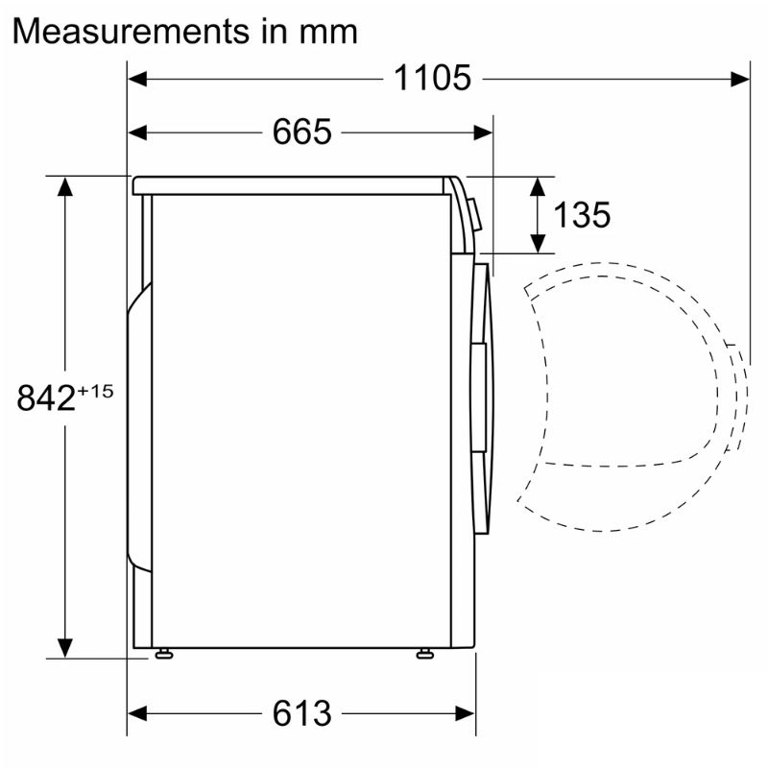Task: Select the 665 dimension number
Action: pyautogui.click(x=301, y=132)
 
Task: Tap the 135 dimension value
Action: pyautogui.click(x=582, y=215)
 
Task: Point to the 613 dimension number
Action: pyautogui.click(x=301, y=714)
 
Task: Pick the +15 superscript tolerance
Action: pyautogui.click(x=96, y=390)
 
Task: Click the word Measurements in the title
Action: pyautogui.click(x=126, y=31)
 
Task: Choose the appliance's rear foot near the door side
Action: pyautogui.click(x=423, y=655)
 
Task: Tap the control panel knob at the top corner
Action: pyautogui.click(x=472, y=216)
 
